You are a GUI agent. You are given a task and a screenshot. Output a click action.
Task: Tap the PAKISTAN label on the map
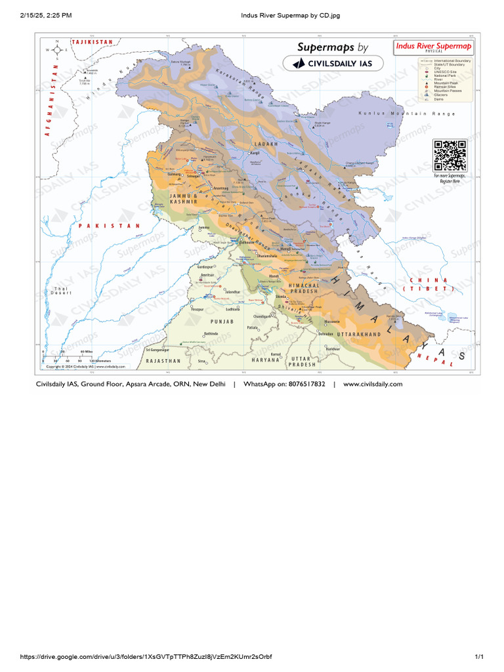coord(110,226)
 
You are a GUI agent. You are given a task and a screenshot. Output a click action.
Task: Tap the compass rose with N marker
coord(58,50)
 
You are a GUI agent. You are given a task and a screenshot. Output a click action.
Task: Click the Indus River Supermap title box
coord(432,47)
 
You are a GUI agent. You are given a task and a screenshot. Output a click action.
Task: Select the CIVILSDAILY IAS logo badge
coord(329,63)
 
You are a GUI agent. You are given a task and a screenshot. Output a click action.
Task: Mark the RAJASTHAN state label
coord(163,361)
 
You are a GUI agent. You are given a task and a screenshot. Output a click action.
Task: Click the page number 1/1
coord(478,657)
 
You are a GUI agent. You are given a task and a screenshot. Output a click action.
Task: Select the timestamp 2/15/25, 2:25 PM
coord(47,14)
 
